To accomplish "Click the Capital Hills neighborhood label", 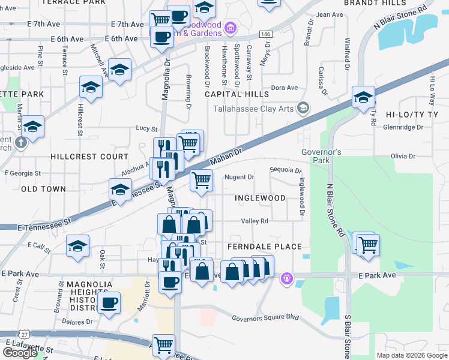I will pos(237,94).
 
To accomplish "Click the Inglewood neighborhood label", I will pos(260,198).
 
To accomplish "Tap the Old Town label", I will pos(43,189).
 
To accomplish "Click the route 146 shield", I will pos(266,35).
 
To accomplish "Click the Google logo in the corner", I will pos(20,353).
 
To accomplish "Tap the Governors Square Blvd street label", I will pos(265,317).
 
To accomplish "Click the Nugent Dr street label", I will pos(240,177).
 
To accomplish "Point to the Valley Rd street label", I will pos(254,221).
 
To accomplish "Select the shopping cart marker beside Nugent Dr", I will pos(202,179).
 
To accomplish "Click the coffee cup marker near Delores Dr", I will pos(109,303).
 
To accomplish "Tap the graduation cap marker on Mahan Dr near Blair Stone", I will pos(364,97).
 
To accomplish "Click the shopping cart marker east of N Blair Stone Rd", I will pos(367,244).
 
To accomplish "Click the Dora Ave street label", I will pos(285,88).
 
